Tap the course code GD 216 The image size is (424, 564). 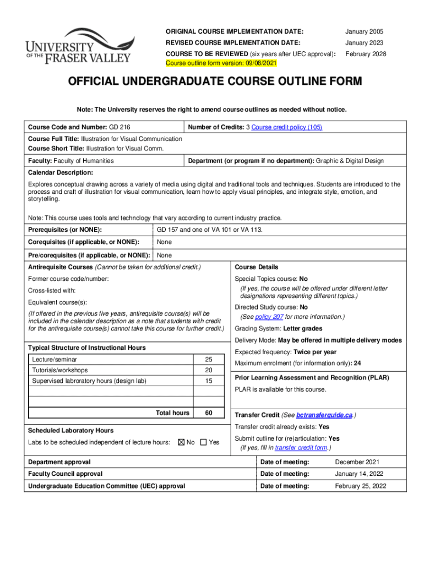[119, 127]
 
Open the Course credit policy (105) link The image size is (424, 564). [286, 127]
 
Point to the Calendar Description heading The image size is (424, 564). [61, 172]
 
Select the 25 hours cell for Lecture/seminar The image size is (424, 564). [209, 359]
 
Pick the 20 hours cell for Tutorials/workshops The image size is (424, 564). [209, 370]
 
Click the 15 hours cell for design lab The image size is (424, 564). [209, 381]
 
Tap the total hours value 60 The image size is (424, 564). [209, 413]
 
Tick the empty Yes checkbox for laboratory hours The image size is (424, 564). [203, 442]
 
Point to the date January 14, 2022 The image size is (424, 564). [358, 474]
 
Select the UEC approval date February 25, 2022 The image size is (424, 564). [361, 486]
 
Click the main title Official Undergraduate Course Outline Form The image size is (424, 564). [215, 82]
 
